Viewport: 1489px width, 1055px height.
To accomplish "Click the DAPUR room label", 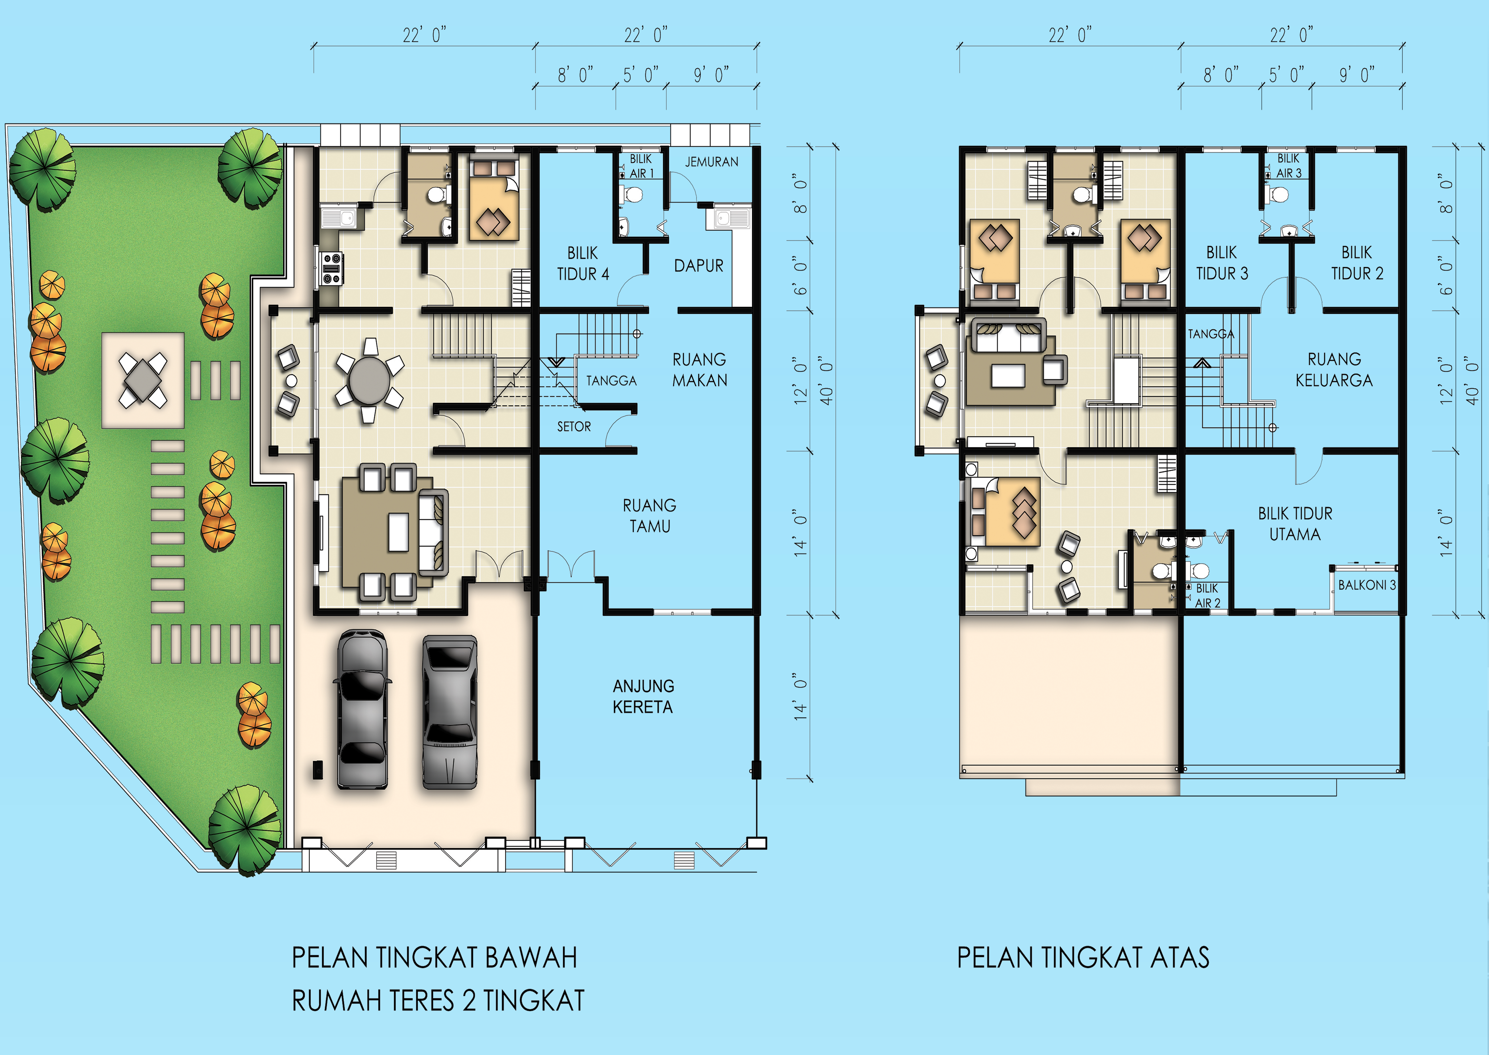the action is pyautogui.click(x=699, y=266).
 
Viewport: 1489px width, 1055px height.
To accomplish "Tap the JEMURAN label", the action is pyautogui.click(x=712, y=162).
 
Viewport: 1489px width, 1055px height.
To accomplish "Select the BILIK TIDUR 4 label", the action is pyautogui.click(x=583, y=263).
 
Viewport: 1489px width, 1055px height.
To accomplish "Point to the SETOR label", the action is pyautogui.click(x=574, y=427).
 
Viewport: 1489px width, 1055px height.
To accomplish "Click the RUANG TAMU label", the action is pyautogui.click(x=650, y=516).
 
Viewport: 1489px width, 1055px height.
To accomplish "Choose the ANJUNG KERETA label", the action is pyautogui.click(x=644, y=696).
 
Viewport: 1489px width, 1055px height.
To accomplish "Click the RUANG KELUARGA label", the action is pyautogui.click(x=1334, y=370).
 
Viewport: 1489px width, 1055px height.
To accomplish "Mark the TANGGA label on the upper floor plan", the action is pyautogui.click(x=1211, y=334).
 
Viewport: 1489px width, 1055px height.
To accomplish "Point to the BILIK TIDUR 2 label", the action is pyautogui.click(x=1357, y=263).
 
